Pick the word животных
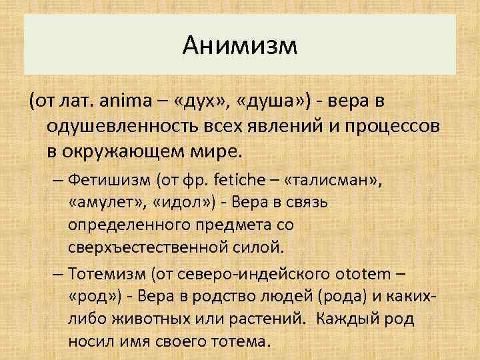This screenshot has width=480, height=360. pyautogui.click(x=155, y=319)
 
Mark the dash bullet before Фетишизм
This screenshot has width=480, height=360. pyautogui.click(x=55, y=179)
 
